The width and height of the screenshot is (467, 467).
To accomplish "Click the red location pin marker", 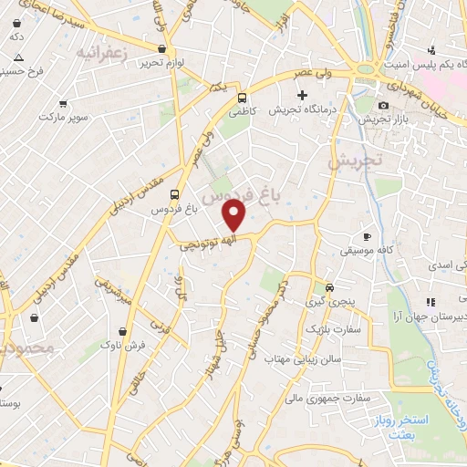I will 234,216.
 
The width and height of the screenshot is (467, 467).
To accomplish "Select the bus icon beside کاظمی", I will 242,98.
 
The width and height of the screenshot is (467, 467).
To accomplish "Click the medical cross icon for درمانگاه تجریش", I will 303,94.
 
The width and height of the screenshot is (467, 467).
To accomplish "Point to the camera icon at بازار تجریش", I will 384,106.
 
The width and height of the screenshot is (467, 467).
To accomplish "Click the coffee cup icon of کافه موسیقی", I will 368,234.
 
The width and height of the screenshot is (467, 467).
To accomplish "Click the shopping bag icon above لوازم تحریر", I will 162,48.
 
